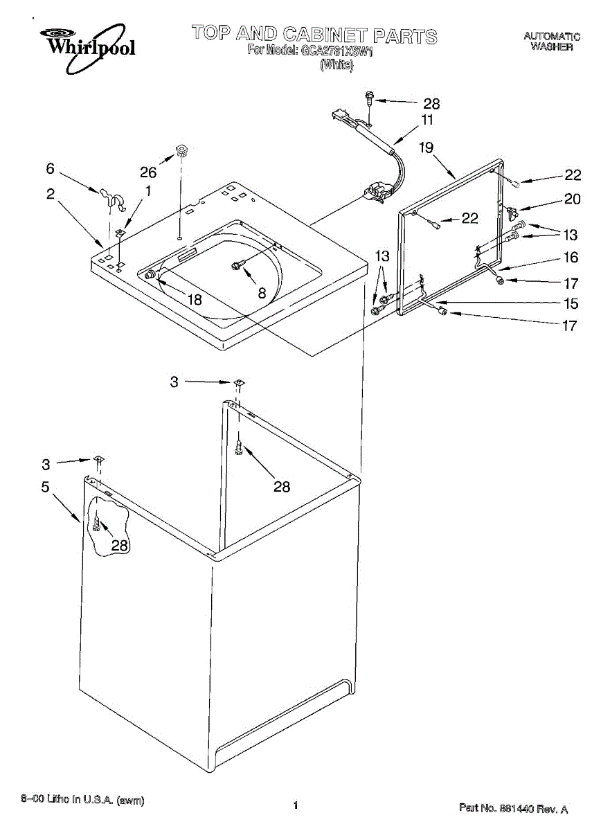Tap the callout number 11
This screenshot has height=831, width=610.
tap(427, 120)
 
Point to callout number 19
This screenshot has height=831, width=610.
tap(426, 147)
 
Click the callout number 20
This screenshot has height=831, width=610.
tap(572, 199)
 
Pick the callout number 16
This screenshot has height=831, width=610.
tap(571, 258)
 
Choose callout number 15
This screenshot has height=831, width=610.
tap(571, 303)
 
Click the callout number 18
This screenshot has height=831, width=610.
tap(195, 300)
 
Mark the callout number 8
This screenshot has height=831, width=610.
tap(262, 293)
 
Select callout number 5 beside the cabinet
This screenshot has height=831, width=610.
tap(45, 487)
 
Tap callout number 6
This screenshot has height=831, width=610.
tap(50, 168)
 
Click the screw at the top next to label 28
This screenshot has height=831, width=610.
tap(369, 98)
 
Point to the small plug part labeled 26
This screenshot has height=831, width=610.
tap(182, 149)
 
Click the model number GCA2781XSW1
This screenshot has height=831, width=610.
tap(337, 51)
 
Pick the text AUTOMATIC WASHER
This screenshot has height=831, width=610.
tap(551, 42)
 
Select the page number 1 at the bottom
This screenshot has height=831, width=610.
tap(296, 805)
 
